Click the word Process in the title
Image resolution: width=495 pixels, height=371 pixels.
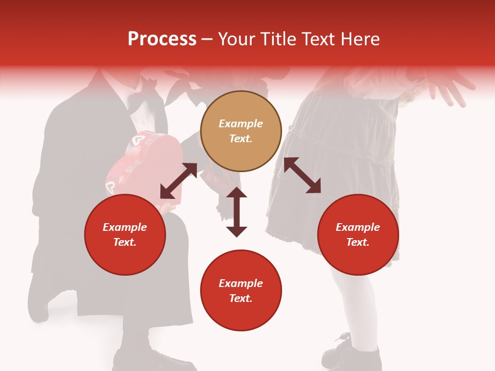tap(162, 39)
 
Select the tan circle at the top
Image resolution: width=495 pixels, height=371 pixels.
tap(241, 131)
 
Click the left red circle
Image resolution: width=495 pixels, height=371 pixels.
tap(125, 234)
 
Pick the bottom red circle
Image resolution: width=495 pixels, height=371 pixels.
tap(241, 291)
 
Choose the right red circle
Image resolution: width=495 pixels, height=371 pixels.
tap(358, 234)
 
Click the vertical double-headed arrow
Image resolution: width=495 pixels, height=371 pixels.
tap(237, 212)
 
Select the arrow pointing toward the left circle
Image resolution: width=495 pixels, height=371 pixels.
tap(178, 181)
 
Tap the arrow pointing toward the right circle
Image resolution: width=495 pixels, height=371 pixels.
tap(302, 175)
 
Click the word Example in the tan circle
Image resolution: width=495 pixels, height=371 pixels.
tap(241, 124)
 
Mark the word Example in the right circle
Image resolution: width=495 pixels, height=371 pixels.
tap(358, 227)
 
